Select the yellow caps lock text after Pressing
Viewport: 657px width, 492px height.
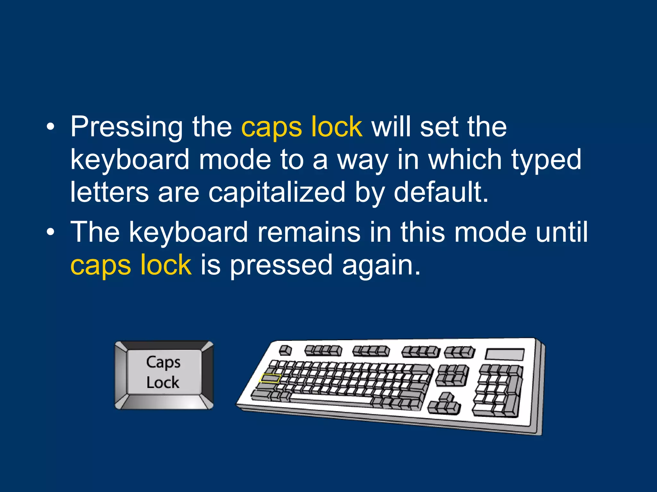(302, 127)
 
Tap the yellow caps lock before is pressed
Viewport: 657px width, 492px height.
(131, 265)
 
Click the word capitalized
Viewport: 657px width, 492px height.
(277, 193)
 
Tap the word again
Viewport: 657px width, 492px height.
(381, 265)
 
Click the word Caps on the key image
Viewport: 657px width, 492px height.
(163, 363)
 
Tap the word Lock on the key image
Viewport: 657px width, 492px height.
(163, 382)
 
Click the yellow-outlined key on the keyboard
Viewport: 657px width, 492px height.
(270, 379)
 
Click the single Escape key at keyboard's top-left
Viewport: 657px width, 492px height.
(285, 350)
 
